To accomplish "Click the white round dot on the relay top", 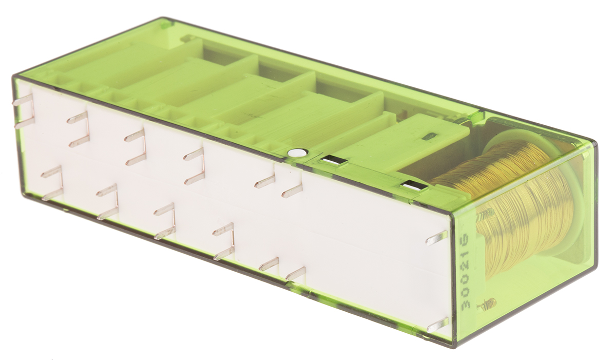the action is (296, 153).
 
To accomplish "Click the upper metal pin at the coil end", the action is (437, 239).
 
